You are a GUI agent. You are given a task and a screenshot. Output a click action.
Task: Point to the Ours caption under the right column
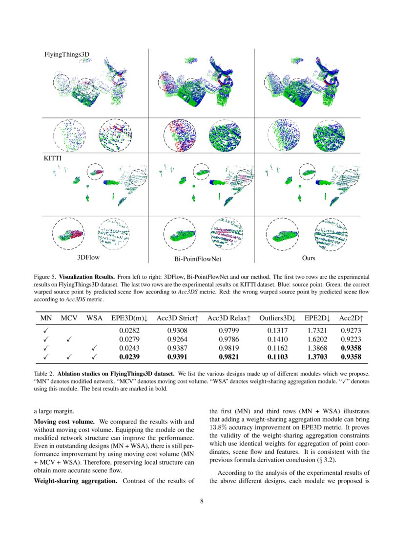309,257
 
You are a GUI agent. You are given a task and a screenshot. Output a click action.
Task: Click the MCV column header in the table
69,318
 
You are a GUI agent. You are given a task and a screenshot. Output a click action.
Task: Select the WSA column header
95,318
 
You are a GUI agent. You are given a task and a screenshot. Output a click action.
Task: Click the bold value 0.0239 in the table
129,358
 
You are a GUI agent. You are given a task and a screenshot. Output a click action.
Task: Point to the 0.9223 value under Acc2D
350,339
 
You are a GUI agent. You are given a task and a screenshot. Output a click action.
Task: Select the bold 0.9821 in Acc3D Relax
226,358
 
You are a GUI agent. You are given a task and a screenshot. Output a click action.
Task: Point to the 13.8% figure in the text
219,430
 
